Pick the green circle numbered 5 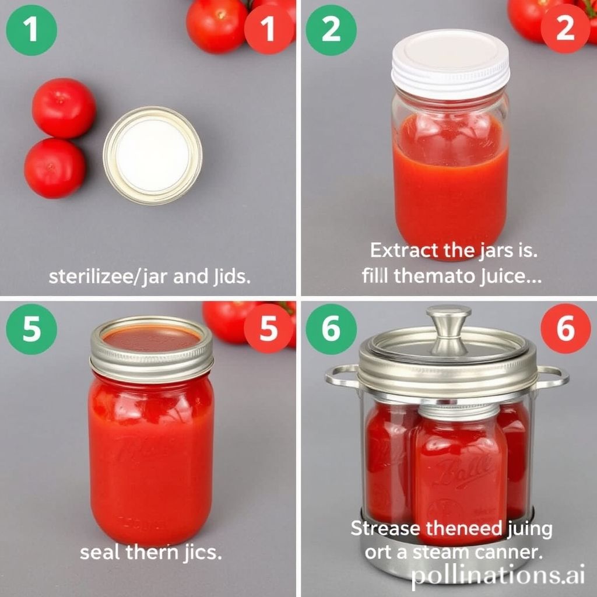31,329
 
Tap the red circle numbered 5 269,329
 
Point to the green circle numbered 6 331,329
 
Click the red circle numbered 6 565,329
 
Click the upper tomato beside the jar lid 64,108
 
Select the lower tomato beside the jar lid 55,168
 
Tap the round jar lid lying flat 153,155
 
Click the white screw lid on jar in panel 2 450,63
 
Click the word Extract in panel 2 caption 403,251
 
